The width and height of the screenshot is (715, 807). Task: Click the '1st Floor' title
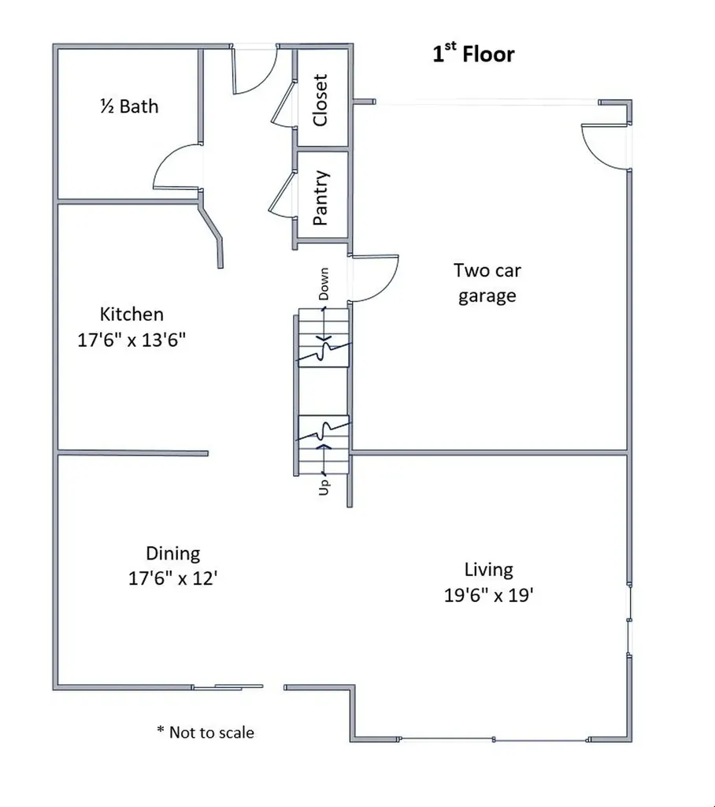click(x=473, y=54)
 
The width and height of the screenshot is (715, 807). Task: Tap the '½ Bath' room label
click(x=129, y=106)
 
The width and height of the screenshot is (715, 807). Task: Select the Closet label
click(x=320, y=100)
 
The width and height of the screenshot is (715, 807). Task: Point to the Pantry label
click(x=320, y=199)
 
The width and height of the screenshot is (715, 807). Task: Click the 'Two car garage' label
click(x=487, y=283)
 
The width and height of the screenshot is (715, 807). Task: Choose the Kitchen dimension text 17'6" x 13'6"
click(x=132, y=340)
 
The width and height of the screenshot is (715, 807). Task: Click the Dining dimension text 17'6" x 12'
click(x=172, y=578)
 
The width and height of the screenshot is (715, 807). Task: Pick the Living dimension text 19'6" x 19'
click(x=489, y=595)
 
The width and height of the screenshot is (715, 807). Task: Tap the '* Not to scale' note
click(x=206, y=733)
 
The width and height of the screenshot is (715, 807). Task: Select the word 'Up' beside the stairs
click(x=324, y=486)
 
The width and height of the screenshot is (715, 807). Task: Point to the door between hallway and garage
click(x=374, y=278)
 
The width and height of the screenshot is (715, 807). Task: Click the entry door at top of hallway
click(x=253, y=70)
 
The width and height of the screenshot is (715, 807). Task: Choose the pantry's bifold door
click(x=280, y=195)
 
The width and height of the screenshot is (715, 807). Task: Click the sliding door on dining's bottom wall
click(x=228, y=687)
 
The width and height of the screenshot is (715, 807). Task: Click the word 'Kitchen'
click(x=132, y=314)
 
